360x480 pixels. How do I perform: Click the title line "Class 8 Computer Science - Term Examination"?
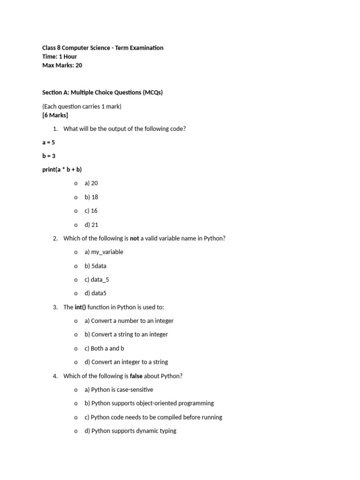[x=103, y=48]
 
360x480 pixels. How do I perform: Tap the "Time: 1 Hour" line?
[x=60, y=57]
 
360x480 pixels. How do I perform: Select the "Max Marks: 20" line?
[x=62, y=66]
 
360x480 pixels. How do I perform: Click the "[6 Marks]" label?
[x=55, y=115]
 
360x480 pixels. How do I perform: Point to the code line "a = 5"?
[x=48, y=142]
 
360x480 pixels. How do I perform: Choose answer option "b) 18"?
[x=91, y=197]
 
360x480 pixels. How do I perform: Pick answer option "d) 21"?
[x=91, y=225]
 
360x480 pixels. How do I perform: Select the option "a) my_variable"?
[x=104, y=252]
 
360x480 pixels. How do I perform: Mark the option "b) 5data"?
[x=96, y=266]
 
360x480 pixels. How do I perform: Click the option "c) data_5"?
[x=97, y=280]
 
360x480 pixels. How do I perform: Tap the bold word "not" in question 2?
[x=135, y=239]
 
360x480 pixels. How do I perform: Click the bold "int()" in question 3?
[x=80, y=307]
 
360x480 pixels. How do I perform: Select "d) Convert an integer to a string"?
[x=126, y=362]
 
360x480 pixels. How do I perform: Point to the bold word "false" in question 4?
[x=136, y=376]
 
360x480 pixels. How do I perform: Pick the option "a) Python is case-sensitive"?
[x=119, y=390]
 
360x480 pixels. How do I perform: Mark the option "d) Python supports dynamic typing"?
[x=130, y=431]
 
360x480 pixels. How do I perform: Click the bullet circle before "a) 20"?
[x=75, y=184]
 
